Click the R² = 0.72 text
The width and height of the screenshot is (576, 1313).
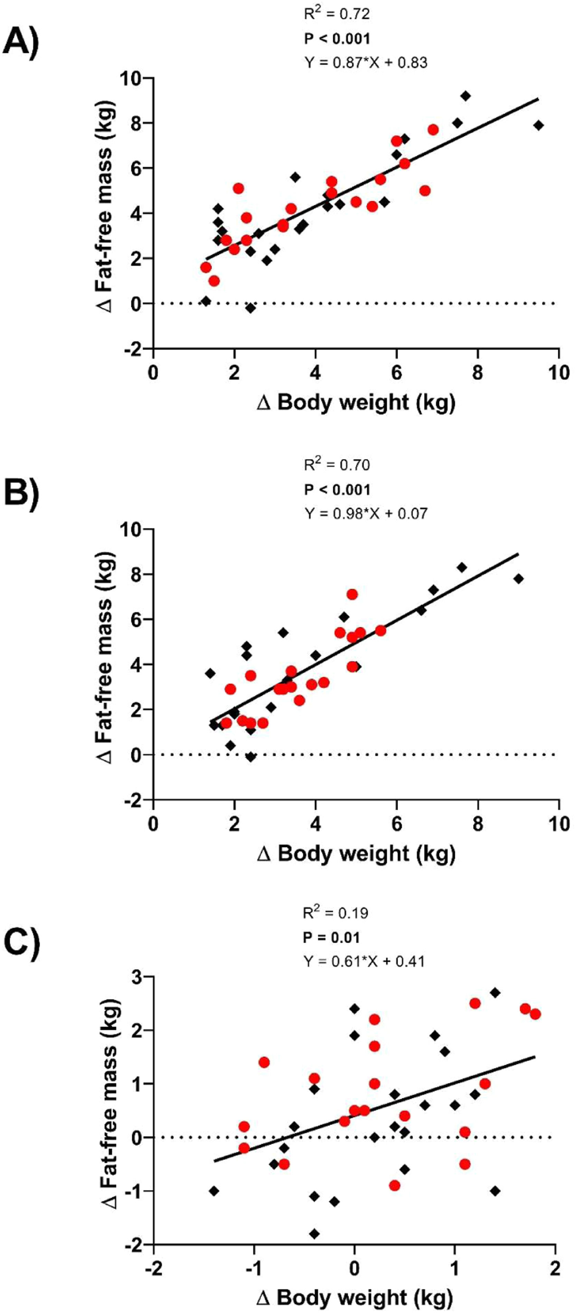[x=337, y=14]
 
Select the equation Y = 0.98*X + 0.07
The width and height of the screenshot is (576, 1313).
[x=366, y=513]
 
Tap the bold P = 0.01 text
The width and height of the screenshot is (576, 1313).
[x=332, y=937]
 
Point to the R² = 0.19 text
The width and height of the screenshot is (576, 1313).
[x=336, y=912]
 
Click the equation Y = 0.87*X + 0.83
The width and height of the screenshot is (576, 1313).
[x=366, y=62]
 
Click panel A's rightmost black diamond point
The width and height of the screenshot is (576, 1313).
[x=538, y=125]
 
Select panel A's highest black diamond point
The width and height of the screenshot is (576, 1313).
[x=465, y=96]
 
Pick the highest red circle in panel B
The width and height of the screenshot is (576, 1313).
[x=352, y=594]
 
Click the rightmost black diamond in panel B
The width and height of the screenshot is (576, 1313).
[x=518, y=579]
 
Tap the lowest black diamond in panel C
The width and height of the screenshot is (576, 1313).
[x=314, y=1234]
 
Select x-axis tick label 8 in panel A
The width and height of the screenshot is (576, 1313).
[x=478, y=373]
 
